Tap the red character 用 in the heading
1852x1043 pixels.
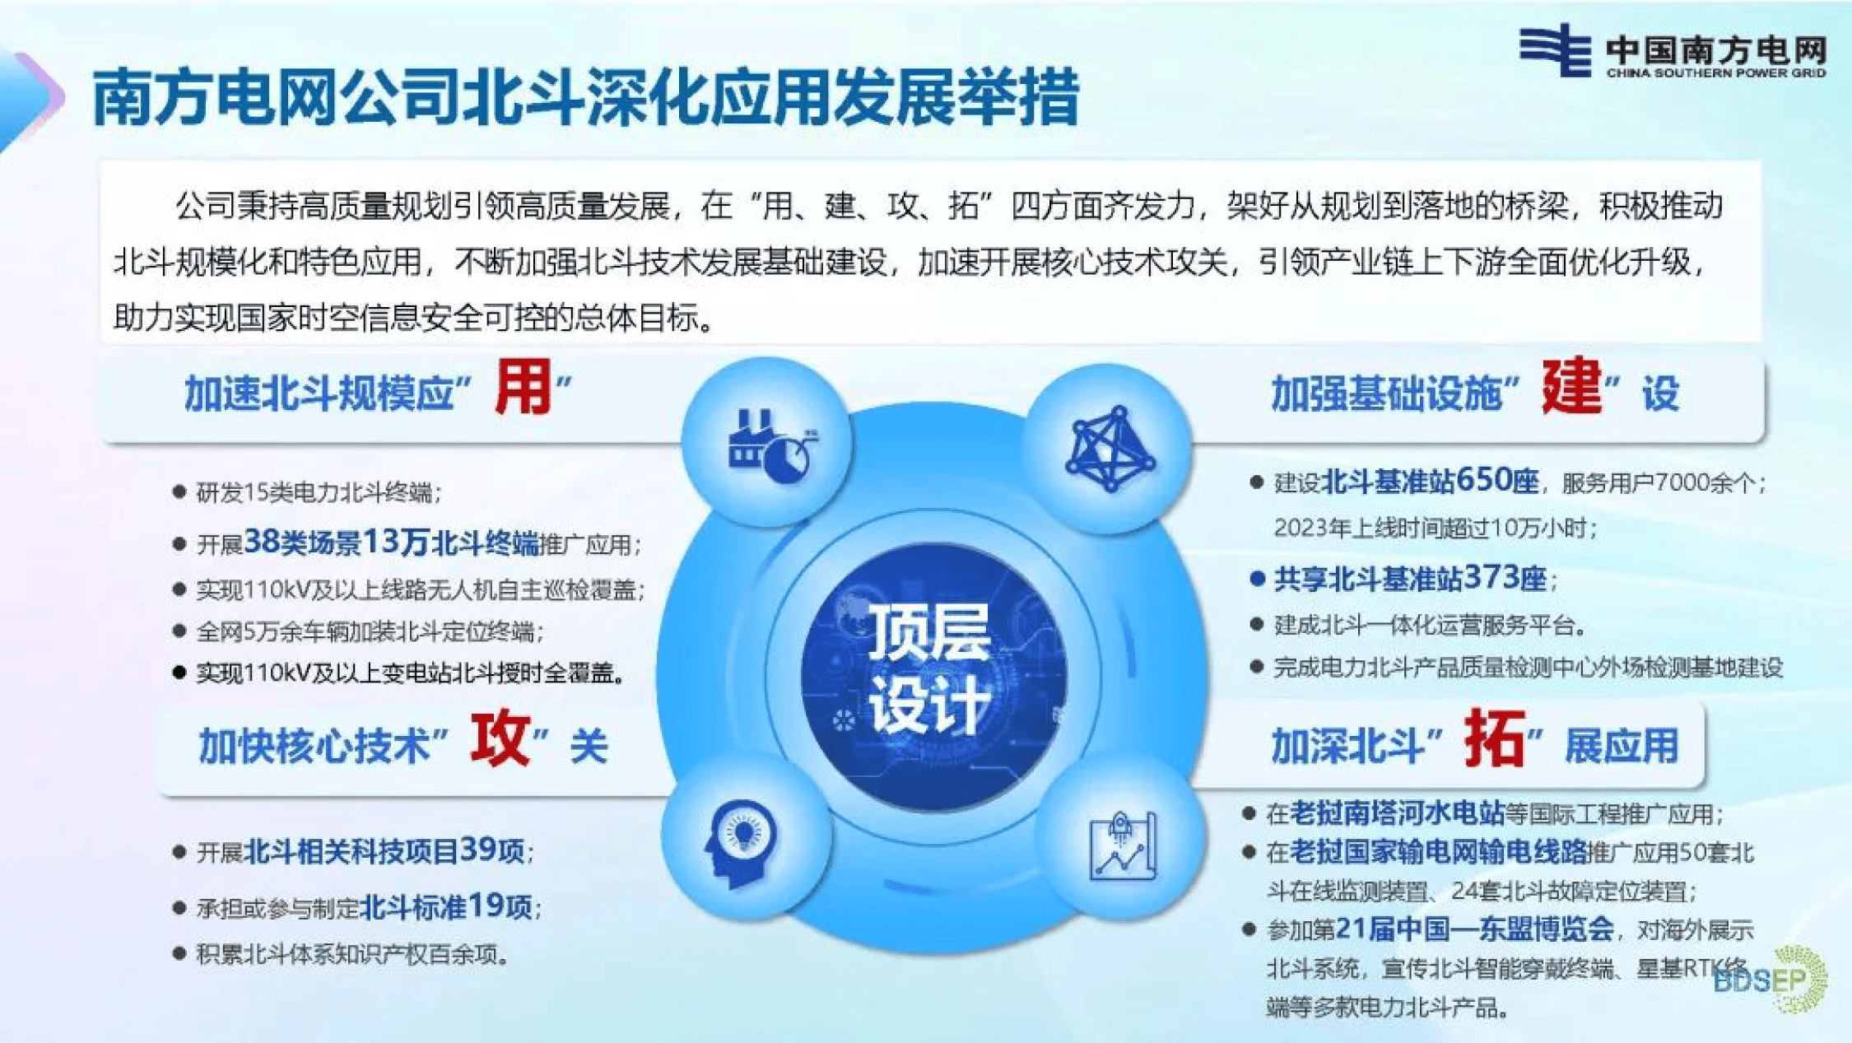click(x=523, y=389)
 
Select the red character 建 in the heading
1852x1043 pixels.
click(x=1571, y=387)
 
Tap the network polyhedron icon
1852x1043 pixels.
click(x=1110, y=449)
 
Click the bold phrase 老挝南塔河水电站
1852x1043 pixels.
click(x=1396, y=813)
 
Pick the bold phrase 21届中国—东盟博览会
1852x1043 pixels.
click(x=1473, y=929)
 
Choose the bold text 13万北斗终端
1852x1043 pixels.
click(x=450, y=542)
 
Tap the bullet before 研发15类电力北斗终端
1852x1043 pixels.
click(x=179, y=492)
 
